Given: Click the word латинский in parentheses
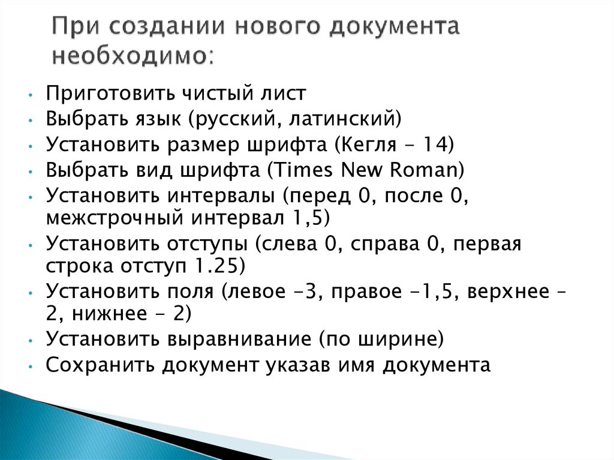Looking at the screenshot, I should coord(342,118).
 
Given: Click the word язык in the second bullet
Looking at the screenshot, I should coord(154,118).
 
